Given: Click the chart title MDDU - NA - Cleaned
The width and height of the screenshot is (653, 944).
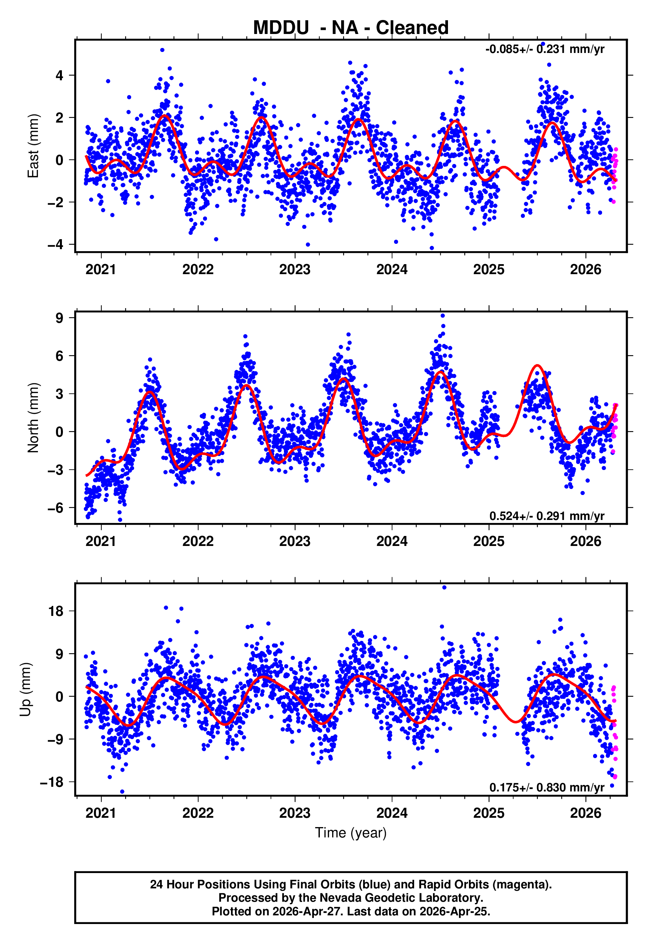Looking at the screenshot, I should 351,28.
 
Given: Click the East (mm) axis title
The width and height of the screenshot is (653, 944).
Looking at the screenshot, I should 33,146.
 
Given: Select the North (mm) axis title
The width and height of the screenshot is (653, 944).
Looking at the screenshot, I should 33,418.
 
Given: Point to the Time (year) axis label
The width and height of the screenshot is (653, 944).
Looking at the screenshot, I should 351,833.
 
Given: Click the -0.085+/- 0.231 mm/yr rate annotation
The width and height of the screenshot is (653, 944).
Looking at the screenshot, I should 544,49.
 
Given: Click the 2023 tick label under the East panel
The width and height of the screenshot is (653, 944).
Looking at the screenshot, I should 295,269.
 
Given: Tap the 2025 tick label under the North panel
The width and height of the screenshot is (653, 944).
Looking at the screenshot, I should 489,541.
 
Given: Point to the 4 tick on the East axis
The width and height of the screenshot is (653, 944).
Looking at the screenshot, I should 60,75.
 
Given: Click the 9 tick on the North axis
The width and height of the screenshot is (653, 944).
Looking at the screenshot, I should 60,318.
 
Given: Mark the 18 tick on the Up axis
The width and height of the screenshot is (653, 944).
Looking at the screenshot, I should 56,611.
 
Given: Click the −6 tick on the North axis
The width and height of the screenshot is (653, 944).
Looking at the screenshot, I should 56,508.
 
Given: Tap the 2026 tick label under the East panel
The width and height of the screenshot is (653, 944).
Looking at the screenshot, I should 585,269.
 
